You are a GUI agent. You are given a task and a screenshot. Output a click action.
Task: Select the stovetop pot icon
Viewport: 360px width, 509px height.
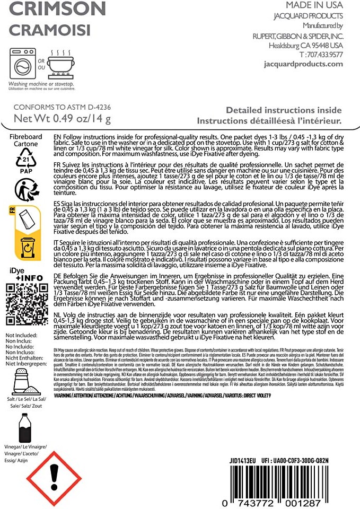tap(59, 63)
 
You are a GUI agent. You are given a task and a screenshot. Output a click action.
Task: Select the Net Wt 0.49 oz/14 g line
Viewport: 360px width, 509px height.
tap(62, 118)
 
